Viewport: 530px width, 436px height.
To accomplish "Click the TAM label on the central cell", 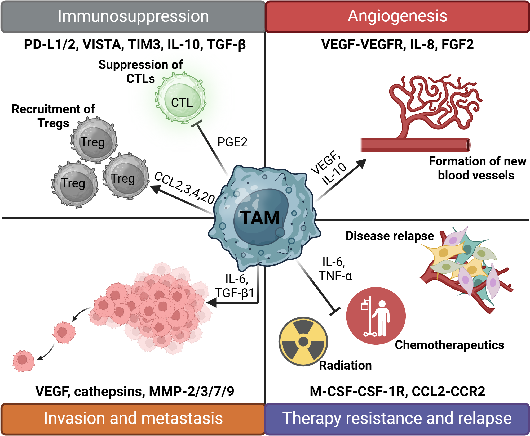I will (260, 218).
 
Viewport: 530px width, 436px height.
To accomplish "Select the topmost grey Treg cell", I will (94, 140).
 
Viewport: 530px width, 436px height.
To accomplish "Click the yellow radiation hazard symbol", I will (303, 341).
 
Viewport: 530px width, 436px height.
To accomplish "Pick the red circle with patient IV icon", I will (376, 316).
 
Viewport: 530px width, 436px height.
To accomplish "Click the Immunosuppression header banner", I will (133, 16).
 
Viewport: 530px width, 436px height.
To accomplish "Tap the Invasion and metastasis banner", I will (133, 419).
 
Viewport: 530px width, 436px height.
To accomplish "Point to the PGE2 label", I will (232, 142).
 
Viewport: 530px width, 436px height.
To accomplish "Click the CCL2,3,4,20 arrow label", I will (184, 188).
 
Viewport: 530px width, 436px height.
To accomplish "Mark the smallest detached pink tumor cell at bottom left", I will (23, 361).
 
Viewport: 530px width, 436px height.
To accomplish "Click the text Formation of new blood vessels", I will (477, 168).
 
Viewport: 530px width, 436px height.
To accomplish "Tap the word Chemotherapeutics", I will (449, 345).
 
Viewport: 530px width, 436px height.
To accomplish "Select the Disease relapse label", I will (390, 236).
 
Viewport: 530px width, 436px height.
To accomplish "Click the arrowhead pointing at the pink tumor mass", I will (211, 302).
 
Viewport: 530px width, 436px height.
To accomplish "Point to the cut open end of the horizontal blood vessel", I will (468, 145).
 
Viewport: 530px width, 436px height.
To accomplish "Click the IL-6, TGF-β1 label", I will (235, 286).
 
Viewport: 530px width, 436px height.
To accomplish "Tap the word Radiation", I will (345, 365).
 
